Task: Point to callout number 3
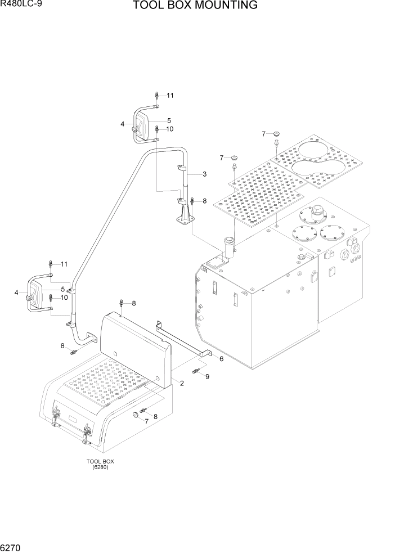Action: click(205, 174)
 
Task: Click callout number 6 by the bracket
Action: click(221, 358)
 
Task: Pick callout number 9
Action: click(207, 376)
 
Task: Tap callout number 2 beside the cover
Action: click(182, 383)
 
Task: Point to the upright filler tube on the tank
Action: click(229, 247)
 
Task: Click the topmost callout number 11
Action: click(169, 95)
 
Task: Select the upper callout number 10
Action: click(169, 129)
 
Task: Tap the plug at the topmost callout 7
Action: click(276, 134)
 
